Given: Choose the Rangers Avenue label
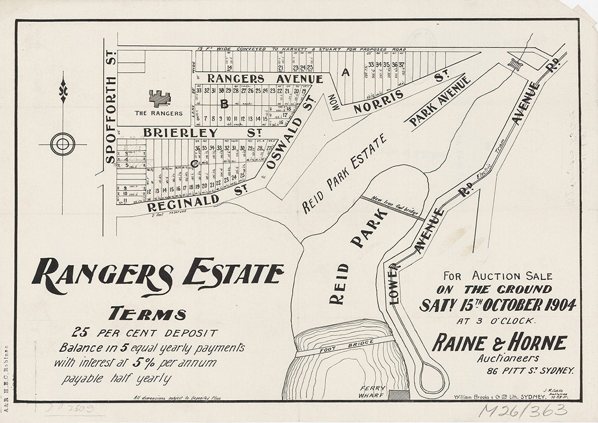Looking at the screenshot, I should [265, 79].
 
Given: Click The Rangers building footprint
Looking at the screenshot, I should [159, 98].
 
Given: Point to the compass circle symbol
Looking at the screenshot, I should [63, 144].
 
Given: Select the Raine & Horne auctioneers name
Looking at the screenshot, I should [499, 343].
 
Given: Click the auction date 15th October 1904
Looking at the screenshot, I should [498, 304].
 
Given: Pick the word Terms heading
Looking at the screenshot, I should [148, 314].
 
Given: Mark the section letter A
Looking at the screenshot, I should [344, 73].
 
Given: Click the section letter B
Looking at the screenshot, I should [224, 104].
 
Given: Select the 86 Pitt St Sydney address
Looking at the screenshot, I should [531, 371].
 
